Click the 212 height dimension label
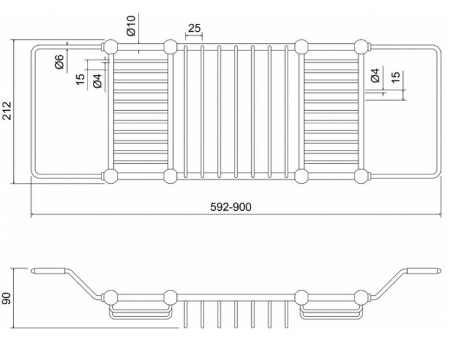7,111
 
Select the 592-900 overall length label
231,207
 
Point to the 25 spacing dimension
194,28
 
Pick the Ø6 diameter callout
60,62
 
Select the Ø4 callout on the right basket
375,75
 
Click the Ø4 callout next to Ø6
97,82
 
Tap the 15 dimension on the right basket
396,78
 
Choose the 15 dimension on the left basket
80,79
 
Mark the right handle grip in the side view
423,270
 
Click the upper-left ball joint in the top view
110,46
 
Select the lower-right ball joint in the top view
361,176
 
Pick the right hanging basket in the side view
331,310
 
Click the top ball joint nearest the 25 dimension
170,46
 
